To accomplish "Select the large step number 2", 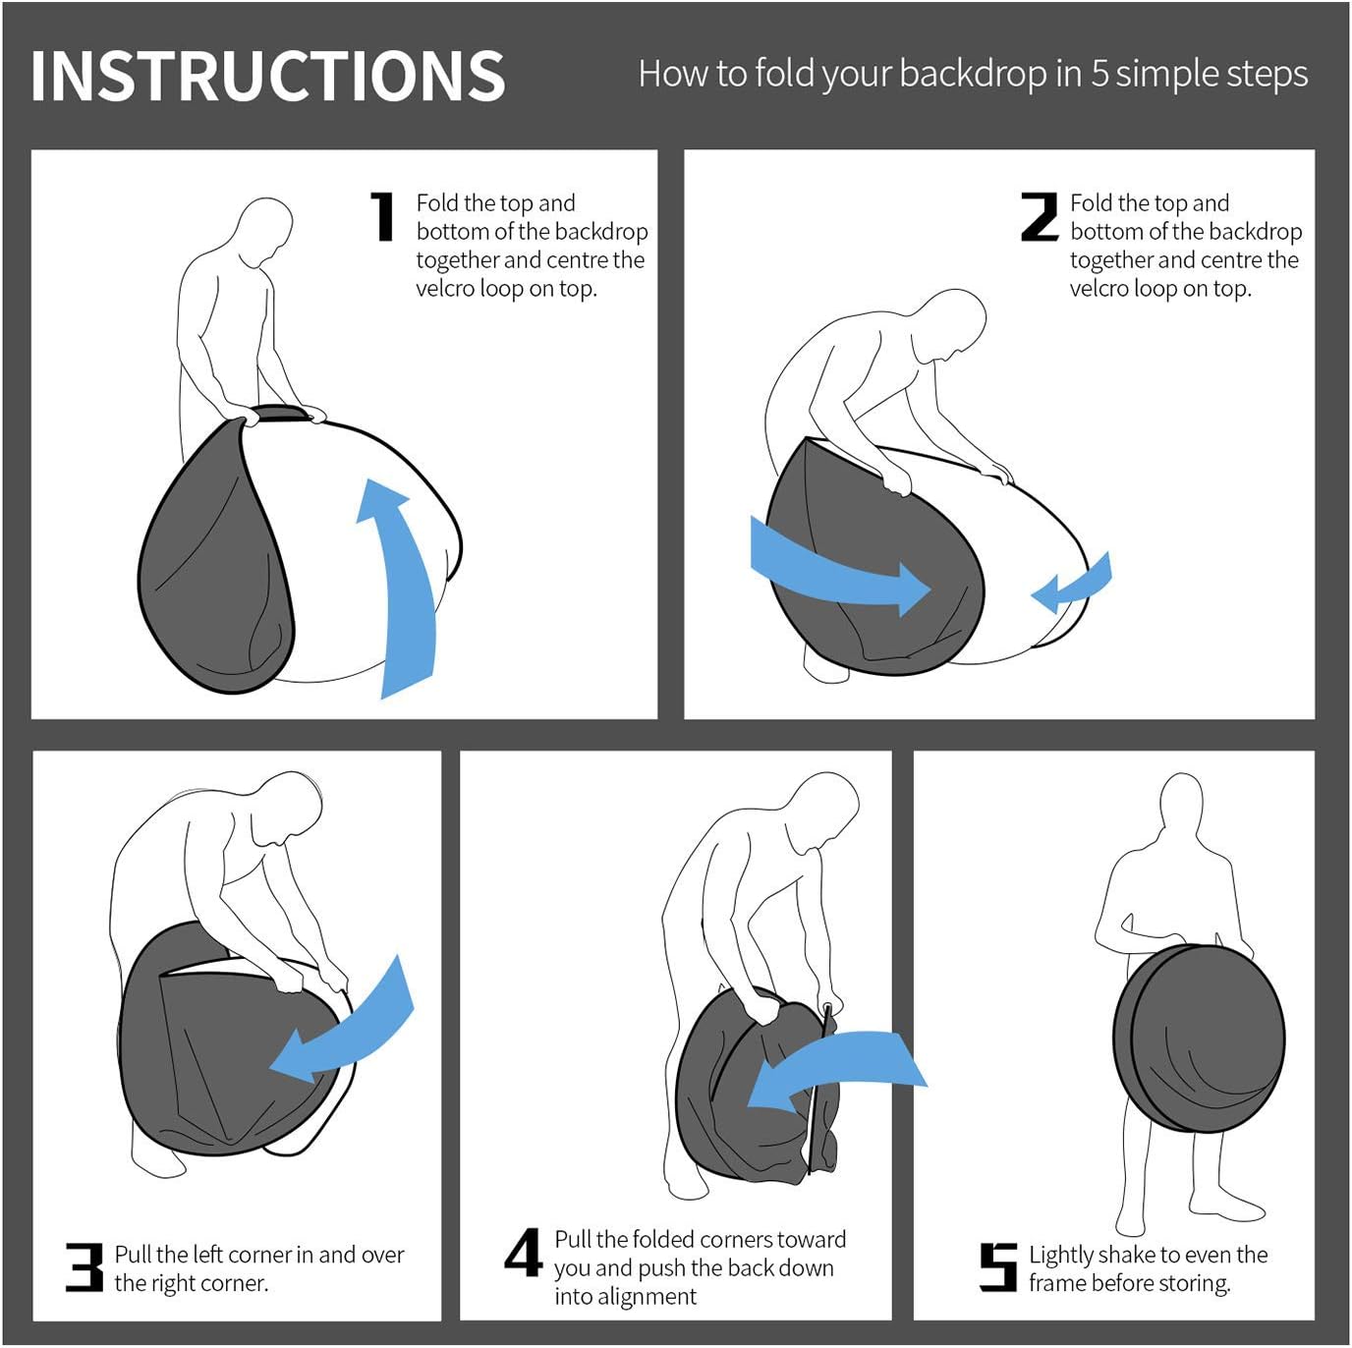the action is click(x=1040, y=217).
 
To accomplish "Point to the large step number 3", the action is click(x=84, y=1266).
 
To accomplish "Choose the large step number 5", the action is click(x=997, y=1266).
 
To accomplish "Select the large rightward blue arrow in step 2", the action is click(x=840, y=566).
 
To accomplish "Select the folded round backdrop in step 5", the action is click(x=1199, y=1038).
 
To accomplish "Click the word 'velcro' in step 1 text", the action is click(x=445, y=289).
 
